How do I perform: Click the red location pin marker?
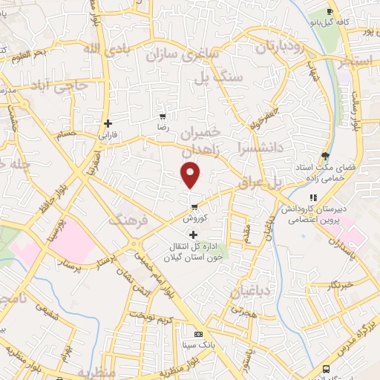click(191, 176)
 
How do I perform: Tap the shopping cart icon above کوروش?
click(194, 207)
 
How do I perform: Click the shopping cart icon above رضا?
click(163, 117)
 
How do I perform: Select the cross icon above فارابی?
click(108, 123)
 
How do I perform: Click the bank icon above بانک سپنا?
click(197, 334)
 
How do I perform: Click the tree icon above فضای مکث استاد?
click(324, 156)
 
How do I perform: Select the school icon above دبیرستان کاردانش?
click(313, 197)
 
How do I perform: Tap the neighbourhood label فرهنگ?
click(127, 220)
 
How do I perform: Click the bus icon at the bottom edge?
click(326, 369)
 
